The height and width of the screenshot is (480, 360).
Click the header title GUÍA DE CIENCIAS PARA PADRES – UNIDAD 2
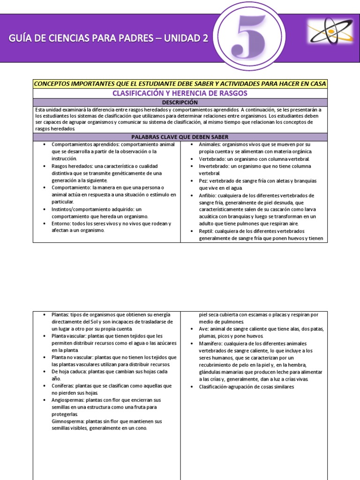(x=108, y=38)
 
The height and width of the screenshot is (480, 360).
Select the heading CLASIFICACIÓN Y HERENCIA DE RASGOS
(x=180, y=93)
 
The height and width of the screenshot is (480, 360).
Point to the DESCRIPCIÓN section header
(x=180, y=102)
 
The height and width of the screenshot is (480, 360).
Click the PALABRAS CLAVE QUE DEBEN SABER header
(x=180, y=137)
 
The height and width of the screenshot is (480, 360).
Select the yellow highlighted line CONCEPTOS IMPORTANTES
(x=180, y=83)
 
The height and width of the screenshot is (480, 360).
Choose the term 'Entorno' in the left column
(x=61, y=224)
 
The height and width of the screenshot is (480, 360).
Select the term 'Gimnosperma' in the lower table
(x=68, y=421)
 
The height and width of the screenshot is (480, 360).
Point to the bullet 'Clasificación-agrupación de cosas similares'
(x=246, y=387)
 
